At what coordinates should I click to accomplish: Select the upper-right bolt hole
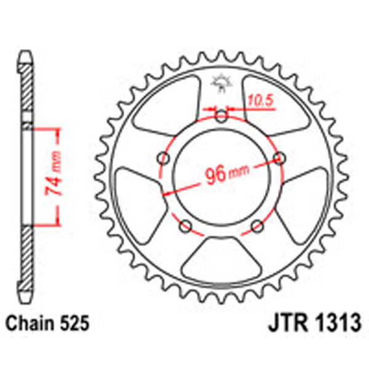tap(280, 158)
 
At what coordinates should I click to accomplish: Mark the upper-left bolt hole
tap(162, 159)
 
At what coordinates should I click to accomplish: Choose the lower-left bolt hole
tap(185, 226)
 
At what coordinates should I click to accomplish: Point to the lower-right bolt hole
tap(258, 226)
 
